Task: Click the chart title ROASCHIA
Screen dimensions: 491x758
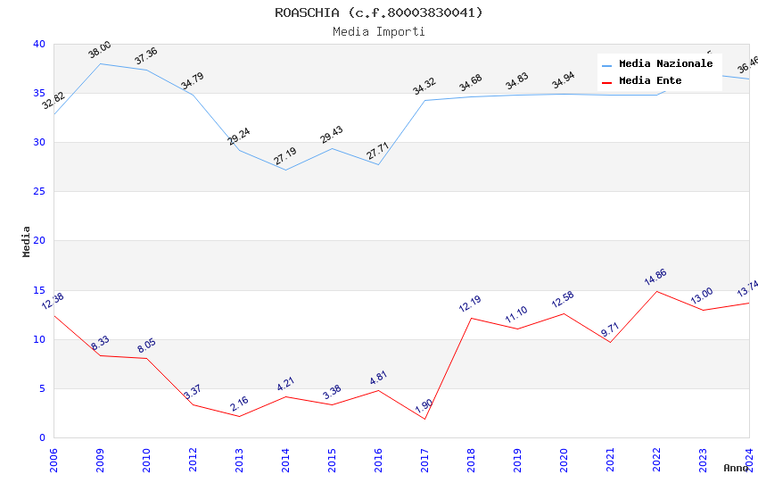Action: pos(378,12)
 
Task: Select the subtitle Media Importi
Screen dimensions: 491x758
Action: pos(378,32)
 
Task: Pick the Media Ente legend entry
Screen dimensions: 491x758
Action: pos(650,81)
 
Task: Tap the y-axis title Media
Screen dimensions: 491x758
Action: pos(27,241)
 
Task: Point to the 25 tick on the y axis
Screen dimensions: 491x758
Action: pos(39,192)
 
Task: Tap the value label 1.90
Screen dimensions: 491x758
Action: pos(424,407)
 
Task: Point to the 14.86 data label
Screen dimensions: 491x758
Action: pos(655,278)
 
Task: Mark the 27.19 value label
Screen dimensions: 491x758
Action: pos(284,157)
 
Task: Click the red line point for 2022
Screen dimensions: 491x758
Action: pos(657,291)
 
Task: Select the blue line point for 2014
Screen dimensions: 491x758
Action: pos(285,170)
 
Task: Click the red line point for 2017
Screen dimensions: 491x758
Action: pos(425,419)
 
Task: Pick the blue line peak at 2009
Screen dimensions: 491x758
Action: pos(100,63)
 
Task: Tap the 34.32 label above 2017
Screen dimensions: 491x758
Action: pos(424,87)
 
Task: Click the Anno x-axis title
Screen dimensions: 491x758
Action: pos(736,468)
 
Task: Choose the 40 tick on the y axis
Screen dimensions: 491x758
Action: pos(39,45)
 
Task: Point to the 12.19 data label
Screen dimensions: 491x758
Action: pos(470,304)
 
